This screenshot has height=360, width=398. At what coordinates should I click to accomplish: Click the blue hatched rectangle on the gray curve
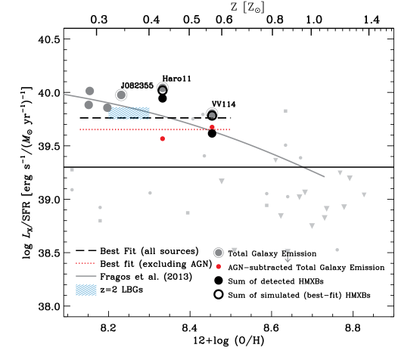(x=129, y=113)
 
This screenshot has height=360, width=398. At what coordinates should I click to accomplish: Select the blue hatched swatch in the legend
(x=86, y=290)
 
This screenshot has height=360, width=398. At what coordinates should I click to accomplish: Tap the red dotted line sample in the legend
(x=85, y=263)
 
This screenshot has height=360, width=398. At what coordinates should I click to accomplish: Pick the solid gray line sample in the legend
(x=86, y=276)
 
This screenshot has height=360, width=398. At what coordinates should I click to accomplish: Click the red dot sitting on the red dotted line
(x=212, y=128)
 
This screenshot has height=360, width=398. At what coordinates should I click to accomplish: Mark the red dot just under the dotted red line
(x=162, y=138)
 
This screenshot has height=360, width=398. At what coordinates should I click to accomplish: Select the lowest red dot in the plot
(x=218, y=266)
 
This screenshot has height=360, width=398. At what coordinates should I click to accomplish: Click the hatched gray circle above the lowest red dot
(x=218, y=253)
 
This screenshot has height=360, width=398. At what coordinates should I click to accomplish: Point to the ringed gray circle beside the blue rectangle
(x=121, y=95)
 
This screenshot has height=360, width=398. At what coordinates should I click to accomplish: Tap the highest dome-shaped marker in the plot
(x=163, y=88)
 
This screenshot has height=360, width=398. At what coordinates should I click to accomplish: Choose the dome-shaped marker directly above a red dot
(x=212, y=113)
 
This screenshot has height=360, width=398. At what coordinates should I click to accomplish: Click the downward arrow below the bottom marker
(x=288, y=258)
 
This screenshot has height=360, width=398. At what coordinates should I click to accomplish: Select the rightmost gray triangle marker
(x=364, y=194)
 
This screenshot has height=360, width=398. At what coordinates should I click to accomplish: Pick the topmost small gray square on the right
(x=285, y=111)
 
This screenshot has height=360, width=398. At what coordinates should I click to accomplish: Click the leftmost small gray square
(x=73, y=170)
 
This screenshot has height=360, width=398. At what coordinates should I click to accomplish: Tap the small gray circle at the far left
(x=73, y=190)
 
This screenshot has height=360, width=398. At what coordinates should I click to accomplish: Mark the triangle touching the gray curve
(x=275, y=160)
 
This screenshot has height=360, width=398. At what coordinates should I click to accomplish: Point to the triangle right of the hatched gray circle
(x=234, y=250)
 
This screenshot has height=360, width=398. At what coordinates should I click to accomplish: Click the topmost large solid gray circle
(x=90, y=91)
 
